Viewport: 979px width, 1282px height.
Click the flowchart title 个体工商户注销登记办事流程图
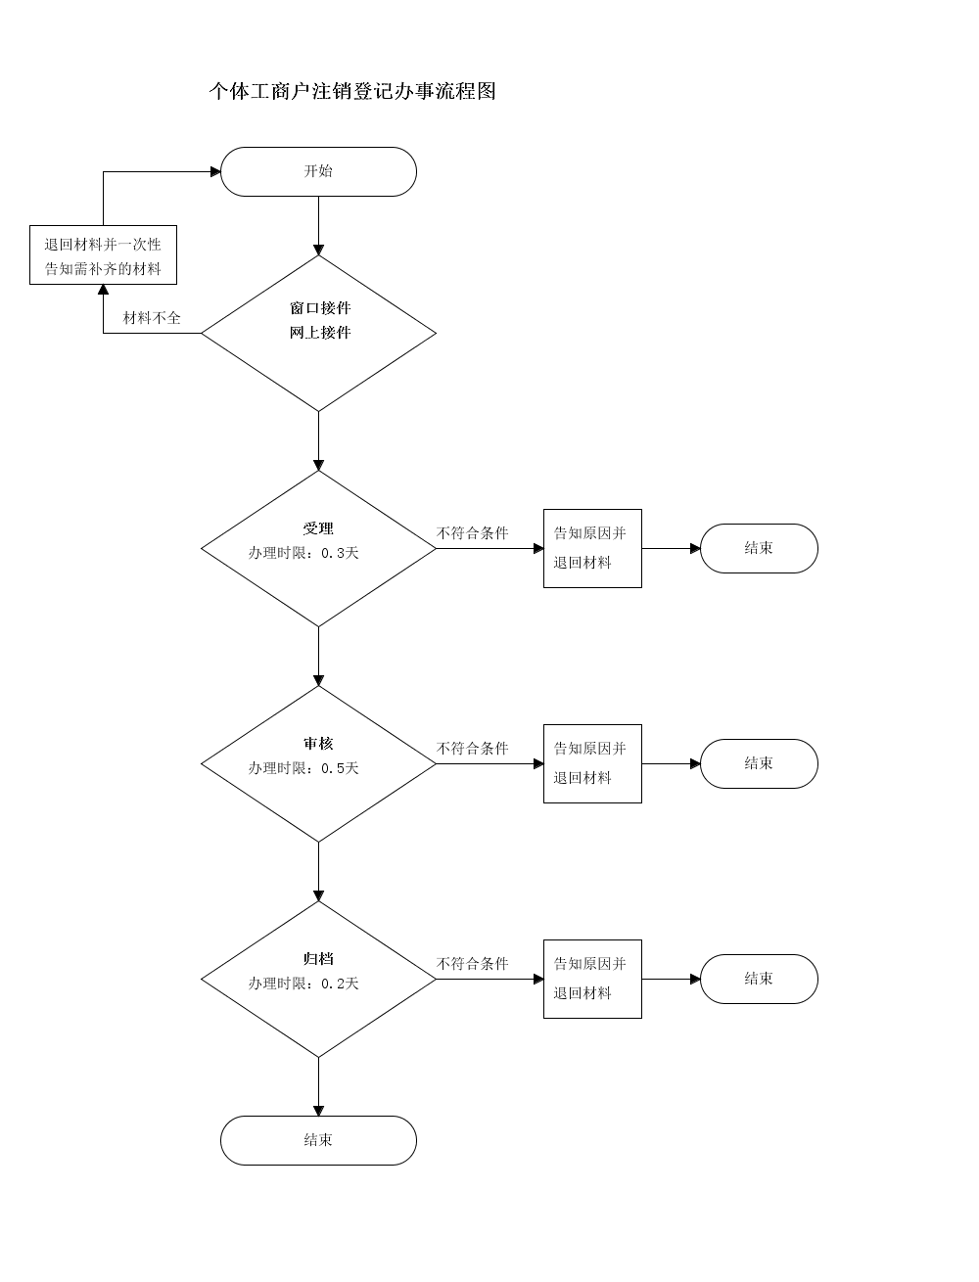tap(352, 91)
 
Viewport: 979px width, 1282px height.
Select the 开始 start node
tap(318, 171)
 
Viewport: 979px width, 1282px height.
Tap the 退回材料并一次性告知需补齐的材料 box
tap(104, 255)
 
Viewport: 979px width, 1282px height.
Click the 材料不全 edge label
tap(152, 318)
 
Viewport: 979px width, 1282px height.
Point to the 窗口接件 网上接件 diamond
tap(318, 334)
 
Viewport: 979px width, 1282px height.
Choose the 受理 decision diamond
tap(318, 548)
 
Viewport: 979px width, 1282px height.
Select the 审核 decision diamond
tap(318, 764)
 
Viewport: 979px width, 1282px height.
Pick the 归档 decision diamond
tap(318, 980)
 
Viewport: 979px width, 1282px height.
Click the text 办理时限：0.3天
tap(303, 553)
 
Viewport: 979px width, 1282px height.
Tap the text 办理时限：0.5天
tap(303, 768)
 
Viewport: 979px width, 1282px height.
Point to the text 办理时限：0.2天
tap(303, 984)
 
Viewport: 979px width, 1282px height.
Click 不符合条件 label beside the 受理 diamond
tap(473, 533)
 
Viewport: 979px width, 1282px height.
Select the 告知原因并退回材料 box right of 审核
tap(593, 764)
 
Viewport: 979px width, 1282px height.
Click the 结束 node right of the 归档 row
tap(760, 980)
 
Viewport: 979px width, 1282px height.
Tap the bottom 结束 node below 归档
tap(318, 1141)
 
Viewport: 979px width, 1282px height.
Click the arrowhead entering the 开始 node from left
tap(215, 171)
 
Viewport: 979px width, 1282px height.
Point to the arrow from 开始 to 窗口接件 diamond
tap(318, 226)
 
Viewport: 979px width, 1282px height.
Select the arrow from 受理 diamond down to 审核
tap(318, 657)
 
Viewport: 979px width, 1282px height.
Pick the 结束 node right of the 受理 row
tap(760, 548)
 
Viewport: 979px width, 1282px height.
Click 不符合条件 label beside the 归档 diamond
tap(473, 964)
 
